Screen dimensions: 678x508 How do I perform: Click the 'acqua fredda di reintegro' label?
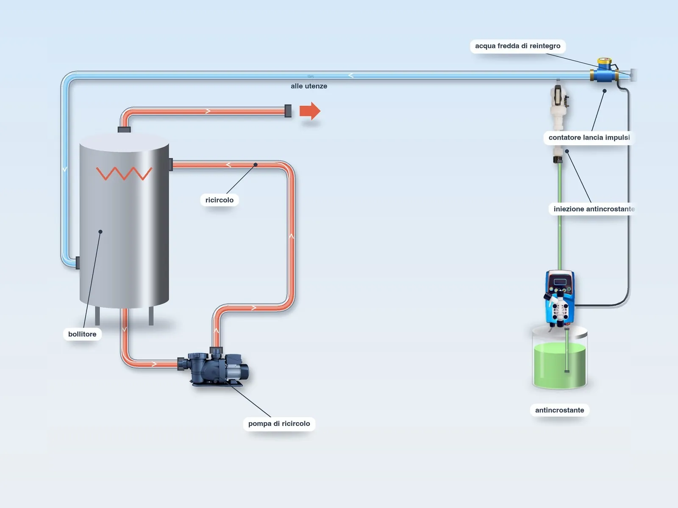click(517, 46)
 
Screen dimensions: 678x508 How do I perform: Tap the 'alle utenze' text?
click(309, 86)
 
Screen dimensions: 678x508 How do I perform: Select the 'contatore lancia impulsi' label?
click(589, 138)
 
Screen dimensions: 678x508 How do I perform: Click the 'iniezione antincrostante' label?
click(594, 209)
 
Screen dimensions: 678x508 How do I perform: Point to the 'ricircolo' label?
click(220, 200)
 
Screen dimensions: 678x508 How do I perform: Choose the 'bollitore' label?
click(82, 334)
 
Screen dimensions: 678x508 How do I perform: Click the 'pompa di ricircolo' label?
click(279, 423)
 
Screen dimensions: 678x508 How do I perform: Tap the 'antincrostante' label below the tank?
click(559, 410)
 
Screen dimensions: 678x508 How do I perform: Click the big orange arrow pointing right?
click(310, 111)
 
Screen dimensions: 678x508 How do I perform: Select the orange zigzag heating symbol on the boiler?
click(124, 173)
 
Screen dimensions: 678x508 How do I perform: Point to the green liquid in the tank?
click(560, 365)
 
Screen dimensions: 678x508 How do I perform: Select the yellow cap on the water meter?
click(605, 61)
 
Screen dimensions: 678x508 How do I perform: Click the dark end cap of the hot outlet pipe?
click(288, 111)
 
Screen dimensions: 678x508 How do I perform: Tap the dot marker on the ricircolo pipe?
click(256, 165)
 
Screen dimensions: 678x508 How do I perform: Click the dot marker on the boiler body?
click(100, 232)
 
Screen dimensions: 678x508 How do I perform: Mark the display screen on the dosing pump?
click(560, 282)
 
